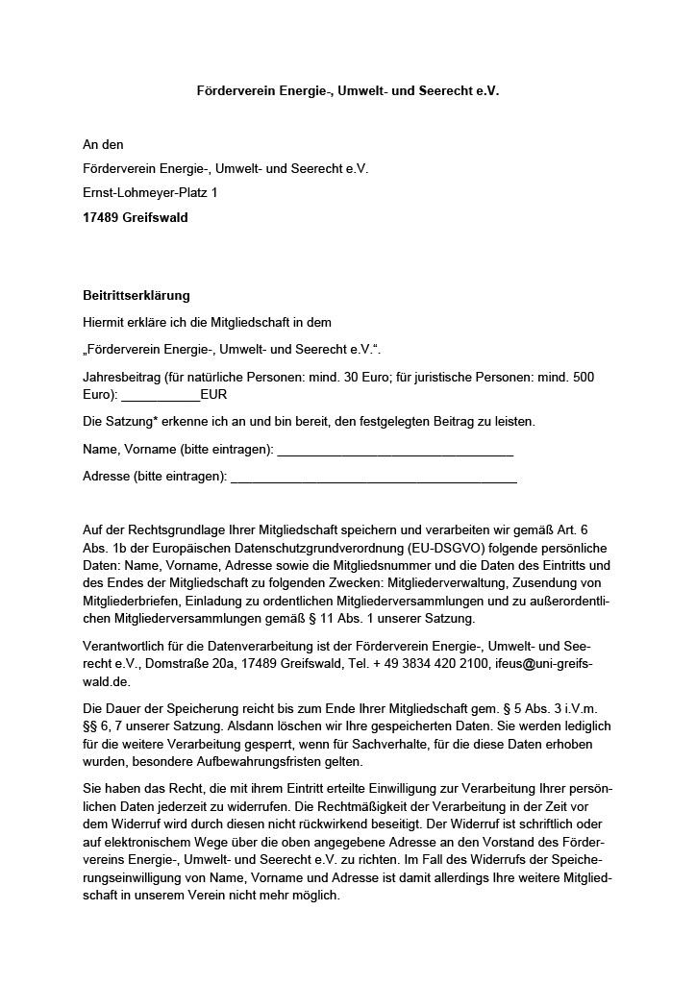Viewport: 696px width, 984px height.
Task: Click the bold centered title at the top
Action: (348, 90)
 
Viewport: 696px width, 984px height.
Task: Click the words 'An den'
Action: (103, 144)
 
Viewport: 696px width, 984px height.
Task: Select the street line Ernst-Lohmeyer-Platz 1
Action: (150, 193)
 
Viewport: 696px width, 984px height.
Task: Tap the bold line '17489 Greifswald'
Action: (136, 218)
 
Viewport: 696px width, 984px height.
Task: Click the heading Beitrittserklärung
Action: (137, 296)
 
